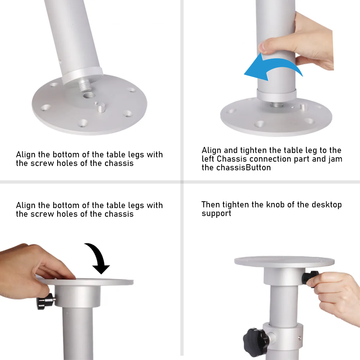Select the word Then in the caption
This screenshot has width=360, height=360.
[211, 205]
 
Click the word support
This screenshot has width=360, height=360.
[216, 213]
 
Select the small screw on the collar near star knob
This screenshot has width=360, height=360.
[299, 338]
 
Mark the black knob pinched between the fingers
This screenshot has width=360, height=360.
[310, 277]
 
